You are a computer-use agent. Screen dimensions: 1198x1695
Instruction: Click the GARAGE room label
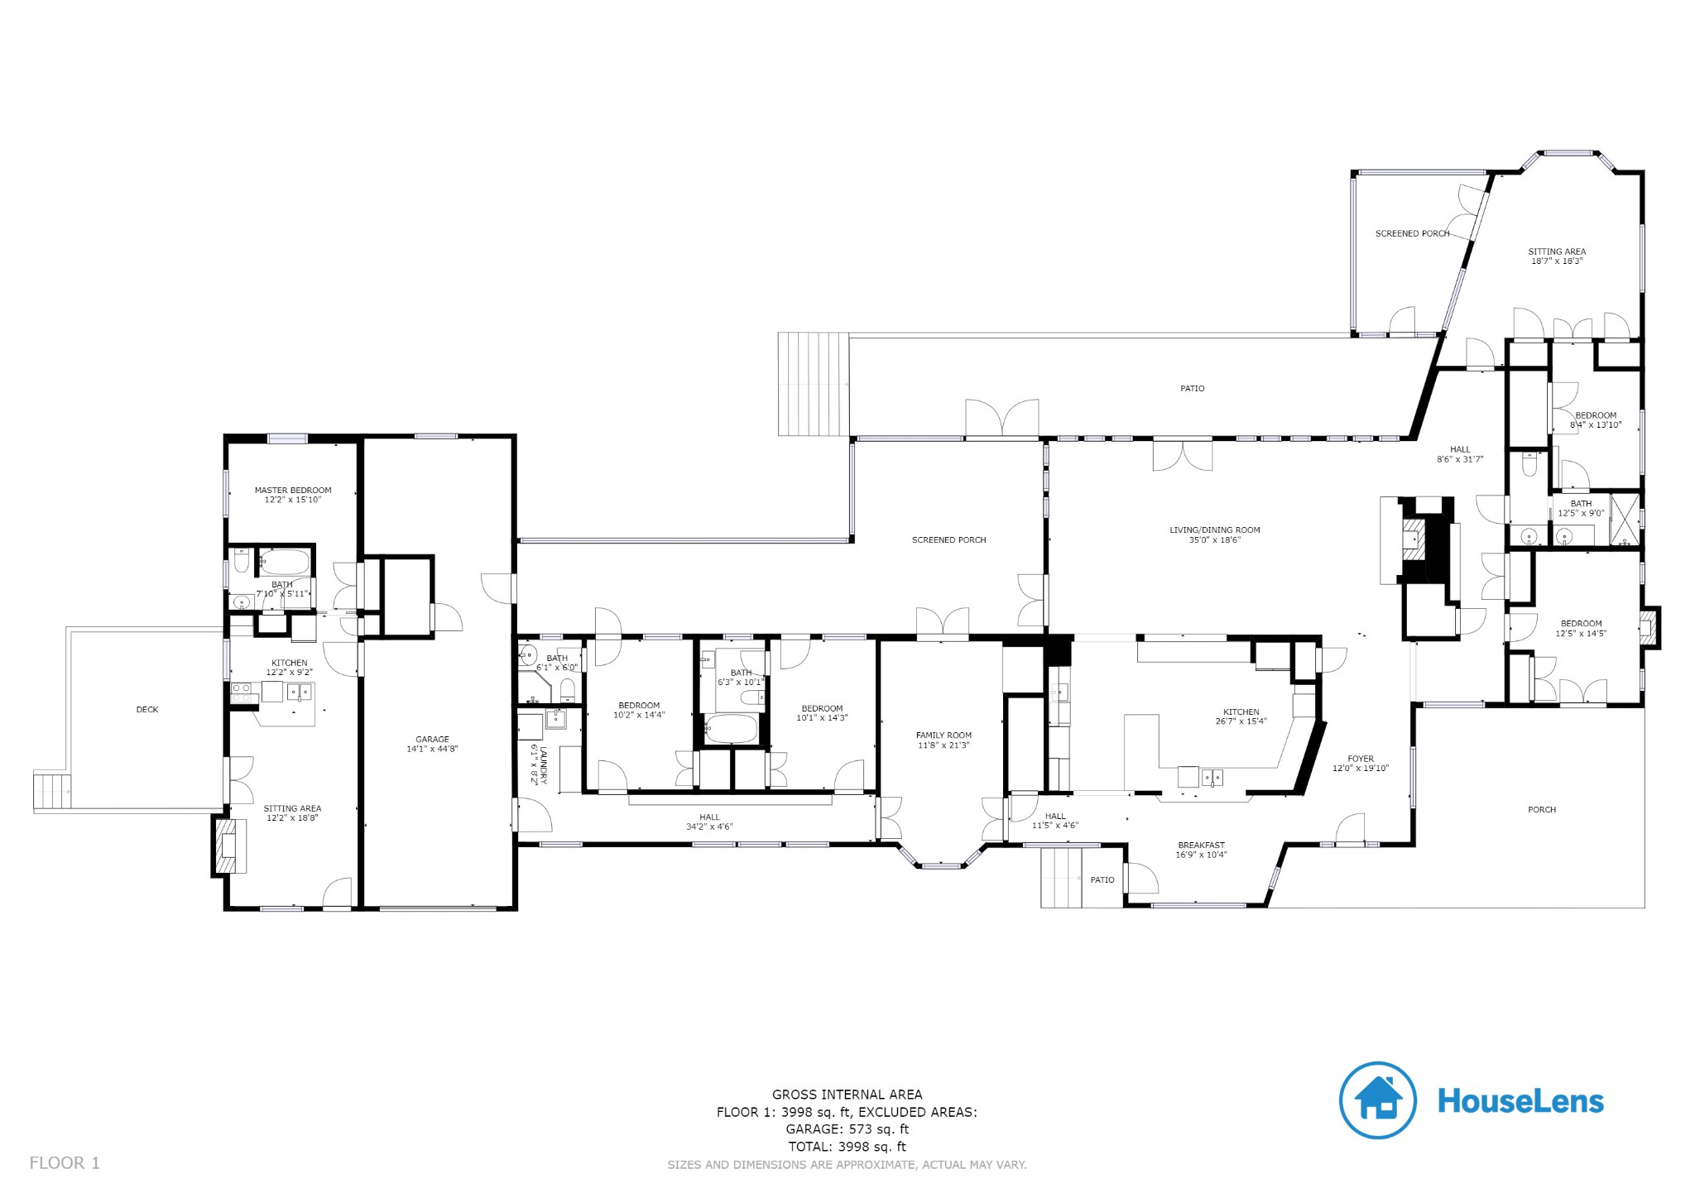(432, 739)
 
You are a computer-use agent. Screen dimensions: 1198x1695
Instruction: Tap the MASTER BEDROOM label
(292, 490)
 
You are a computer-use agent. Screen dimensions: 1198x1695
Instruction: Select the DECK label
(147, 709)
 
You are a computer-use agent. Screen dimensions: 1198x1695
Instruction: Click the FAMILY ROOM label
(944, 735)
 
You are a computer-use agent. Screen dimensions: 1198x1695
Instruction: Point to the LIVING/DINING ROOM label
(1214, 530)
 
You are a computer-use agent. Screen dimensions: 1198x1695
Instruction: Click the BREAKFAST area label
(1201, 845)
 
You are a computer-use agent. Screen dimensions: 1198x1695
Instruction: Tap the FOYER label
(1361, 758)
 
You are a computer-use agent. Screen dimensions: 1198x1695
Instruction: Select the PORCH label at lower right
(1542, 809)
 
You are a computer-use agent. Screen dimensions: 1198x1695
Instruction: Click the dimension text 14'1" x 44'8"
(432, 749)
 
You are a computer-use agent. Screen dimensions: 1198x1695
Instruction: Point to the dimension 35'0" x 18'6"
(1214, 540)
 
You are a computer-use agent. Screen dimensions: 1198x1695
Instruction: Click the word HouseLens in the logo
(1520, 1100)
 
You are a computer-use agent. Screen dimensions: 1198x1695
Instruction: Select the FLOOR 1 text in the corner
(65, 1162)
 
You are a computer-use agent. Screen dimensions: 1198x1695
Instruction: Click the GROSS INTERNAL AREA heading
(847, 1094)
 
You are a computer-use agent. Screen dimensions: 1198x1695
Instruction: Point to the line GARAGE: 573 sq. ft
(847, 1129)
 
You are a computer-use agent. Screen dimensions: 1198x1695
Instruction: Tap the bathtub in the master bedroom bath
(285, 564)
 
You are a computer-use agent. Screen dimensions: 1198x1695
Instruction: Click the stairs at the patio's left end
(814, 384)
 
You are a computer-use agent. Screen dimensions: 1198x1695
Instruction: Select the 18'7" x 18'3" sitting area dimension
(1557, 261)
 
